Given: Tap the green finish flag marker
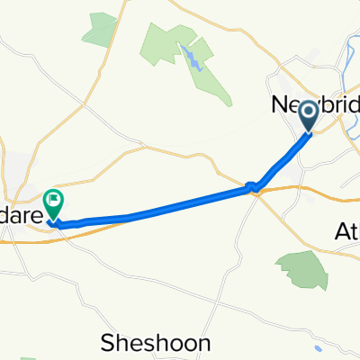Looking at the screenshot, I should pyautogui.click(x=53, y=203).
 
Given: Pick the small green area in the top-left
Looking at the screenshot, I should pyautogui.click(x=99, y=30).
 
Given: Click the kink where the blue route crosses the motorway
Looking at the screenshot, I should pyautogui.click(x=253, y=188).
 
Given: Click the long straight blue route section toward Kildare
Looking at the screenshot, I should pyautogui.click(x=162, y=209).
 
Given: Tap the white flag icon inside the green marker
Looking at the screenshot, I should pyautogui.click(x=53, y=199).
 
